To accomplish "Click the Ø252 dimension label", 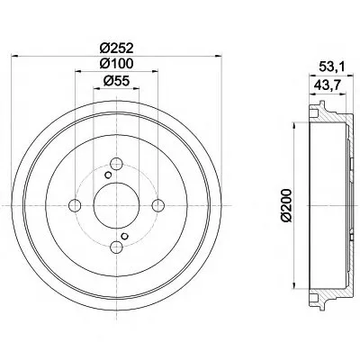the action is (x=116, y=48).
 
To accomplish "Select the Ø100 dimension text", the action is (x=116, y=63).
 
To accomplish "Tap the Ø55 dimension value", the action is (x=116, y=80).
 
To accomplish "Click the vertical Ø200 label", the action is (x=286, y=205).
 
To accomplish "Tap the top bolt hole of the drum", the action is (x=116, y=164).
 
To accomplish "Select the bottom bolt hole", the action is (x=116, y=247).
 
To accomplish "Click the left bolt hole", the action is (x=75, y=205).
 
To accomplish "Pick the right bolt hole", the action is (x=158, y=205).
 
